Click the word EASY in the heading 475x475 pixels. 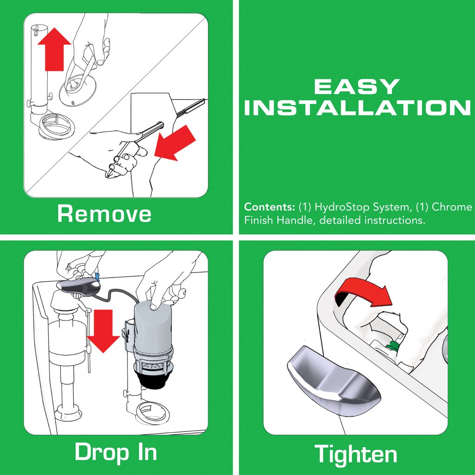(x=357, y=86)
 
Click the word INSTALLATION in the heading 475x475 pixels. (x=357, y=108)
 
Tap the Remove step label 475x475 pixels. (x=104, y=214)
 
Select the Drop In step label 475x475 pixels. (x=116, y=451)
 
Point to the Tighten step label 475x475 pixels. (x=356, y=453)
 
